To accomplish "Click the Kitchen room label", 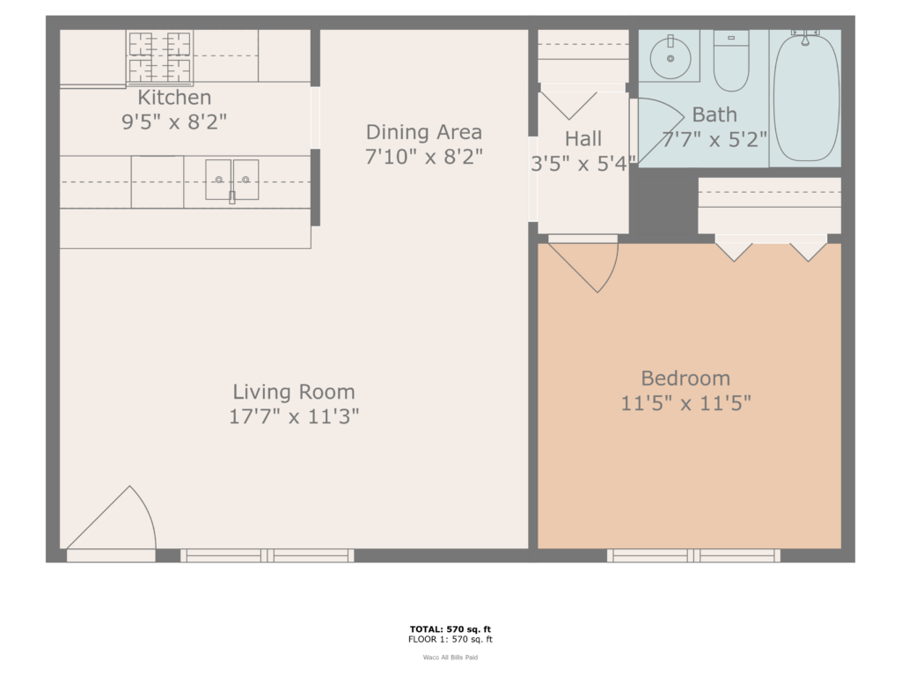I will (174, 97).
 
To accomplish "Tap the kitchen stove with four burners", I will (159, 56).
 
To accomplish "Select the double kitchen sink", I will (232, 180).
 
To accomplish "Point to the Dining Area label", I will (424, 132).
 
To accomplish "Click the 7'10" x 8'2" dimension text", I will (424, 157).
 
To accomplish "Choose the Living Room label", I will (294, 392).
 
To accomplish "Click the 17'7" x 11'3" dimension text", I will (294, 416).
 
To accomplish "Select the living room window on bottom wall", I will (267, 555).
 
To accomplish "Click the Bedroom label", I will (685, 378).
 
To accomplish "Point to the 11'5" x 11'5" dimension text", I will (685, 403).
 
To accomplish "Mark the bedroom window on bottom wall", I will (693, 555).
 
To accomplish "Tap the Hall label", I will (583, 138).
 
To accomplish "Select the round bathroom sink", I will (670, 57).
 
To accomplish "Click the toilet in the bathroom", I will (731, 61).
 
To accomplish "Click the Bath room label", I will (714, 114).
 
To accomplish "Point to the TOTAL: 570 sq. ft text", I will (451, 628).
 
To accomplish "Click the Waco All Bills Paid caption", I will (451, 657).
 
